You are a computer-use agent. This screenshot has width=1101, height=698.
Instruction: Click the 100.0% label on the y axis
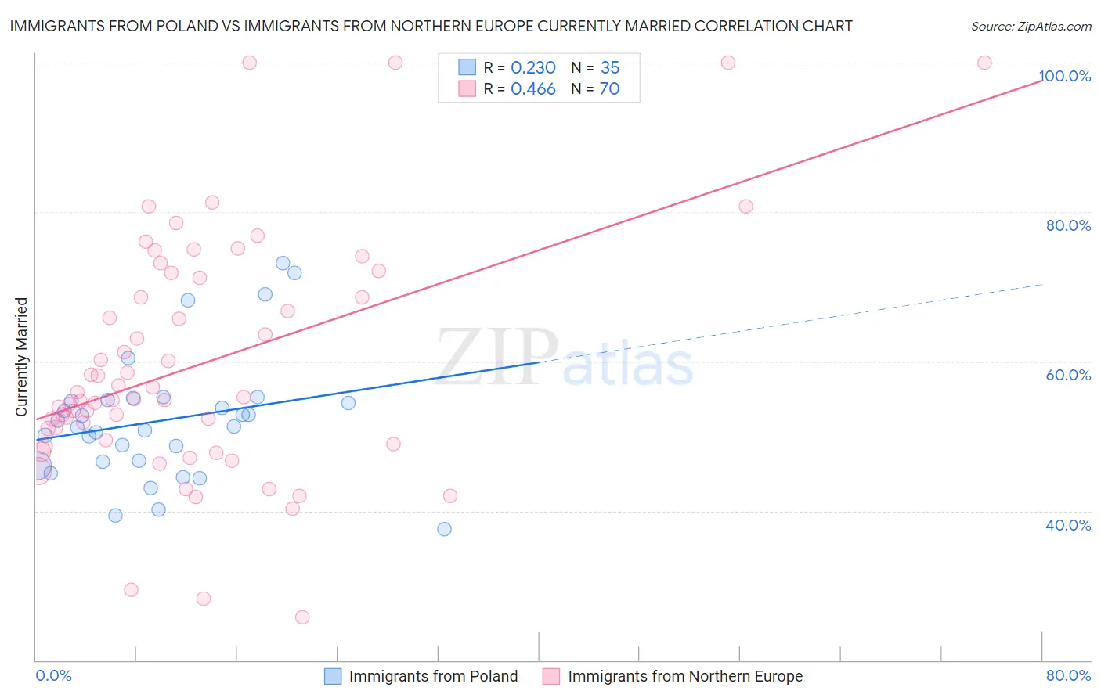[1065, 76]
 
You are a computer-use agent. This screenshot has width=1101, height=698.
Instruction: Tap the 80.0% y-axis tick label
[1068, 225]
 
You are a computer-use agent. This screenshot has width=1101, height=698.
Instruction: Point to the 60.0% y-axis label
[1068, 375]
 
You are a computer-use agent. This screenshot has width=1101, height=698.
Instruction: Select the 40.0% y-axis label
[1068, 525]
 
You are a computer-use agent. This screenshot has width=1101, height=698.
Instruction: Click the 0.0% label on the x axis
[53, 675]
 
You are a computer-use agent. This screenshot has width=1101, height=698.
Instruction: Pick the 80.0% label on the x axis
[1068, 675]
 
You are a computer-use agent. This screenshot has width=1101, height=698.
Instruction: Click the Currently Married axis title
[22, 357]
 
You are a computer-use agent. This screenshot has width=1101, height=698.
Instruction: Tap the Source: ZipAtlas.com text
[1031, 26]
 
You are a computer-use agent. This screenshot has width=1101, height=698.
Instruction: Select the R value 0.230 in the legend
[533, 68]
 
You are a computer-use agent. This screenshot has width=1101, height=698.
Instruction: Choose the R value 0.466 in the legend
[533, 89]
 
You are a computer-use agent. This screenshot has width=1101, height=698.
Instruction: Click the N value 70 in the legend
[609, 89]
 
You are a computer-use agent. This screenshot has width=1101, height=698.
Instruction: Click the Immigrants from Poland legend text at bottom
[433, 676]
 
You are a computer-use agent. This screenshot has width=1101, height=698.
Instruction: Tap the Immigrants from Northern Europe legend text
[685, 676]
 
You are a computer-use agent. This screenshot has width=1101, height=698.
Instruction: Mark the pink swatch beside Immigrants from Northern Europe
[551, 676]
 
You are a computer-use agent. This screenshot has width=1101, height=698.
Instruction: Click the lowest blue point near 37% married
[444, 529]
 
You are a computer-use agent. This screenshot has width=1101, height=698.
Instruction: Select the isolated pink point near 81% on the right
[745, 207]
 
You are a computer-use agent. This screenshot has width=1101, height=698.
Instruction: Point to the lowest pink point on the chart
[302, 617]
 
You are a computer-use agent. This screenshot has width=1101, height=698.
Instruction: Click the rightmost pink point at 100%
[984, 63]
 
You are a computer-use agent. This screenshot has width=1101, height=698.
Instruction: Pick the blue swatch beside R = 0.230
[467, 68]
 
